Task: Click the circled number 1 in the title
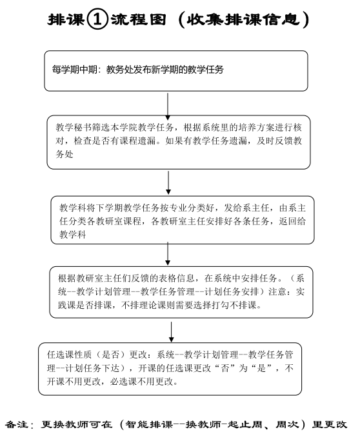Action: (97, 19)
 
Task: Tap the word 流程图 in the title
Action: (139, 19)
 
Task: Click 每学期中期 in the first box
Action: (75, 70)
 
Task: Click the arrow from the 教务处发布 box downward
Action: (168, 106)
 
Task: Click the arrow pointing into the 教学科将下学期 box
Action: (168, 183)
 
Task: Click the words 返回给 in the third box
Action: (292, 221)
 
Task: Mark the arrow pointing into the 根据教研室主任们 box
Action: (168, 254)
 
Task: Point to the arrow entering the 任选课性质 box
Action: (171, 332)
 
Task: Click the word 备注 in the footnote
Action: (17, 425)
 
